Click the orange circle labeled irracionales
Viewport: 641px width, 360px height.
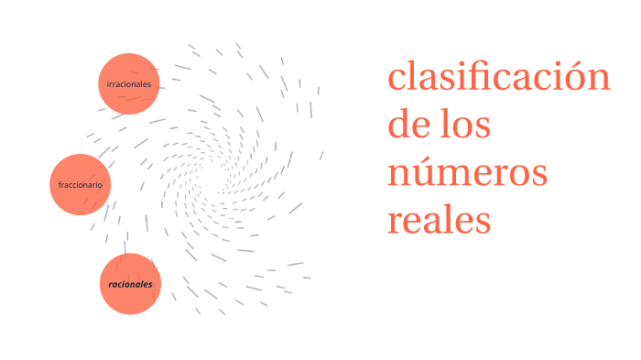point(129,84)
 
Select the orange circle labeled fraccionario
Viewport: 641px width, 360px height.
point(80,185)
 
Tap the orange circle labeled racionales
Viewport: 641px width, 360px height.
point(130,284)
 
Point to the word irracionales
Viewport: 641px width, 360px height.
point(129,84)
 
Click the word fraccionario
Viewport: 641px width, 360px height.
point(80,185)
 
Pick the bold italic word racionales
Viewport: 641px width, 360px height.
point(130,284)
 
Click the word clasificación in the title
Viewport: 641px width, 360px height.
point(498,77)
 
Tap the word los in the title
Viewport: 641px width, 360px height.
point(466,125)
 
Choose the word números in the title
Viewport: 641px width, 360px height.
point(467,172)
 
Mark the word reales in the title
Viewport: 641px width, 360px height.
point(440,220)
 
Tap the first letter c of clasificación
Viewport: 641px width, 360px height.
point(397,80)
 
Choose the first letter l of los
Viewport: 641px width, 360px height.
point(447,123)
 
